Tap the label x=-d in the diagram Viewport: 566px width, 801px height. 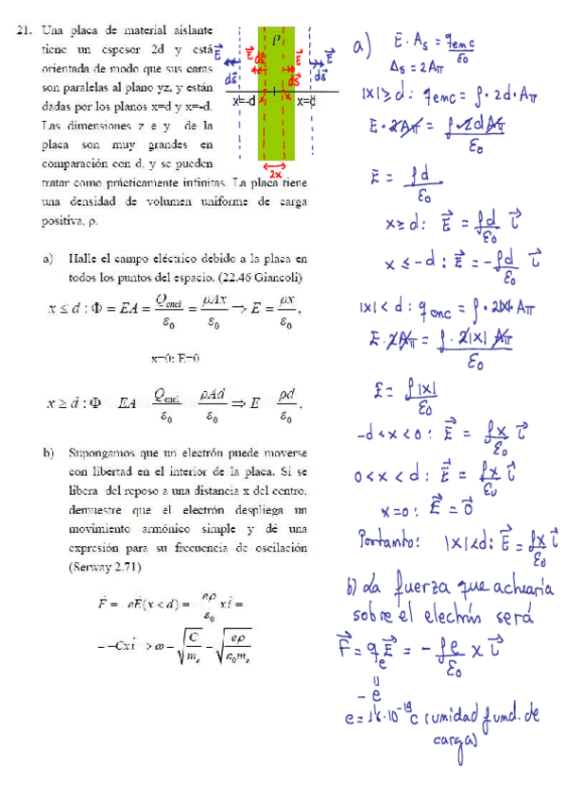pyautogui.click(x=245, y=101)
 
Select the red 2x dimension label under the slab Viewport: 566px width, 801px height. pyautogui.click(x=276, y=175)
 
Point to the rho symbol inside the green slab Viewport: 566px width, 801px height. pyautogui.click(x=276, y=41)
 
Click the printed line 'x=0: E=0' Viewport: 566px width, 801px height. pyautogui.click(x=175, y=358)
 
